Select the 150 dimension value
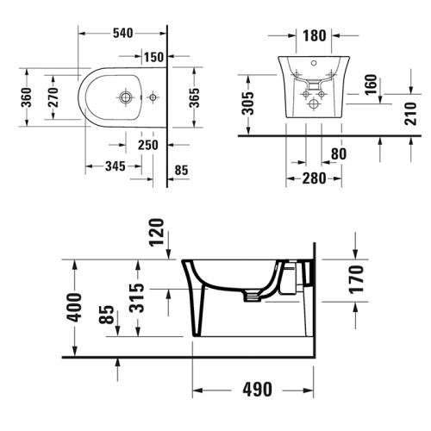click(154, 57)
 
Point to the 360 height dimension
click(28, 99)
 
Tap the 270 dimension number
click(53, 99)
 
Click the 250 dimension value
click(148, 145)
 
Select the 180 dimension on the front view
click(315, 36)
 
